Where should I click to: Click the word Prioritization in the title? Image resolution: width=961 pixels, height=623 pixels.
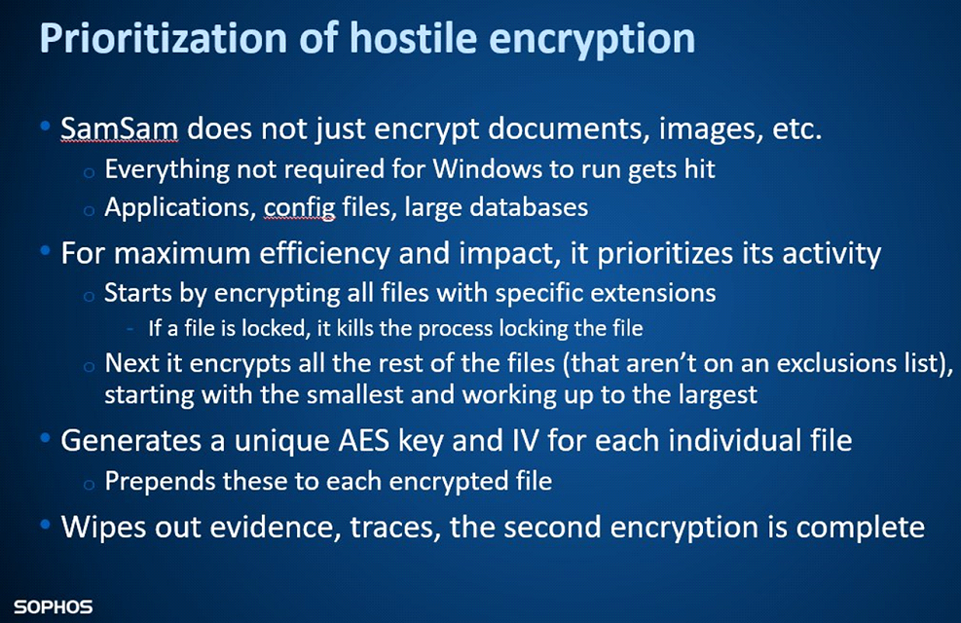click(163, 38)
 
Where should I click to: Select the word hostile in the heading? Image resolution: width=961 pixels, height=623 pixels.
click(413, 38)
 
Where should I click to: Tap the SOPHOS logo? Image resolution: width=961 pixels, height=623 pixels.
click(54, 607)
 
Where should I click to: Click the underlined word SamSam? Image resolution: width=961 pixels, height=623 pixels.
click(120, 128)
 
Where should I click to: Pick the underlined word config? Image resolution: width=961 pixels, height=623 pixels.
click(300, 208)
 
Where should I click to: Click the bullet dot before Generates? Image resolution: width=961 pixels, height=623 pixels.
click(45, 439)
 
